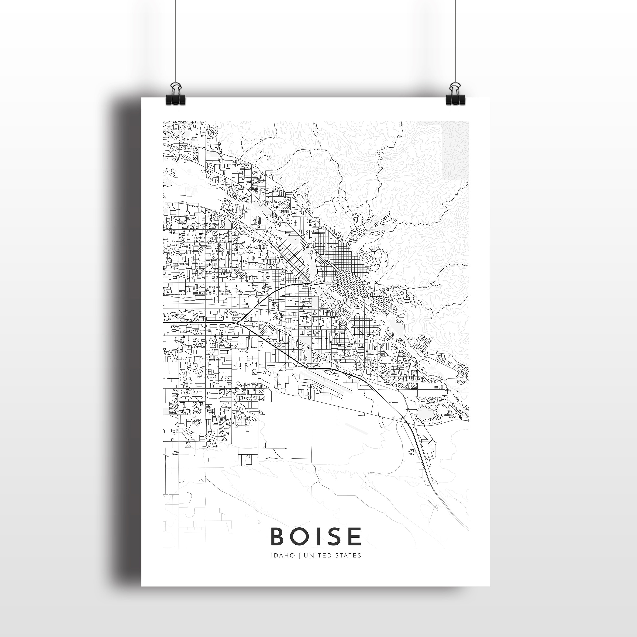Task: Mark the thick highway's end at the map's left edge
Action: (164, 323)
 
